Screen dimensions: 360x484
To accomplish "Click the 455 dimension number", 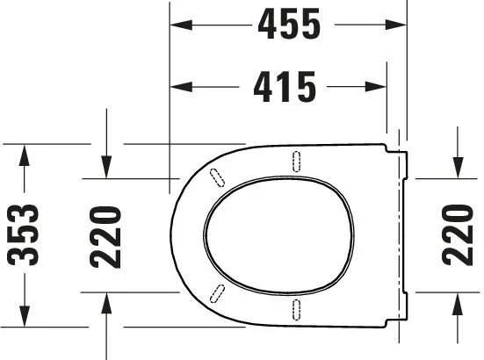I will click(288, 25).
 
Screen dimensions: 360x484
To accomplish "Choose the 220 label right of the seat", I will click(458, 235).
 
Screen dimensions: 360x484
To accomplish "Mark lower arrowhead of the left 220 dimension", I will click(105, 302).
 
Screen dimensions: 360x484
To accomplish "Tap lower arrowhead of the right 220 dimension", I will click(458, 302).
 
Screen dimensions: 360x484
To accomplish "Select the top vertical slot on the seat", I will click(297, 161).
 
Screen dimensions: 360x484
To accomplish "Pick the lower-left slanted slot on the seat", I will click(216, 293).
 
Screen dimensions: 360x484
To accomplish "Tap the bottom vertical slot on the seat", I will click(297, 307).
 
